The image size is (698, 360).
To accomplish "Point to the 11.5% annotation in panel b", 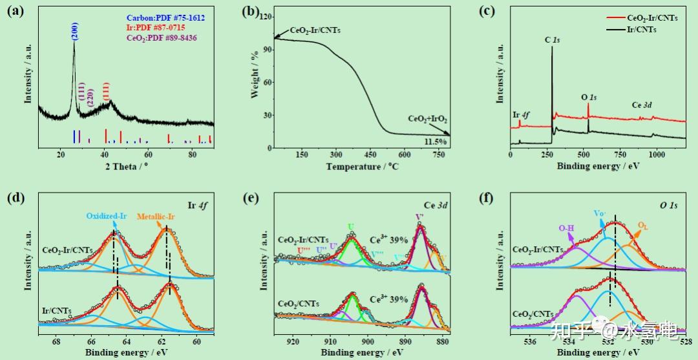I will point(435,142).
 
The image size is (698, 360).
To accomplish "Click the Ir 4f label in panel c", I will point(521,115).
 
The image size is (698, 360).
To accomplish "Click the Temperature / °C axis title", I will point(363,166).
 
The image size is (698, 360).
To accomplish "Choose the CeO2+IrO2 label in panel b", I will point(427,120).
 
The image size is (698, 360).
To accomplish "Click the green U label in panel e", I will point(351,227).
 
